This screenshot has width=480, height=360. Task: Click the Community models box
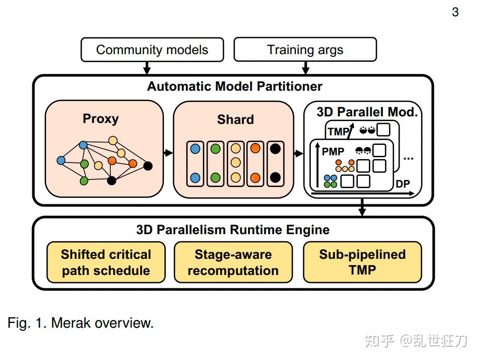click(x=152, y=50)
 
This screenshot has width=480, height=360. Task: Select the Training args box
click(x=305, y=50)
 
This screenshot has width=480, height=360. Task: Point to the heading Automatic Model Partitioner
click(x=234, y=86)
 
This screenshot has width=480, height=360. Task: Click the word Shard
click(x=235, y=119)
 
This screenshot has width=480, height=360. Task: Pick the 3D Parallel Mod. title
click(x=367, y=113)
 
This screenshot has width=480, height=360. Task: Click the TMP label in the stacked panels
click(x=338, y=132)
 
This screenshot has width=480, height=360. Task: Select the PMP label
click(x=333, y=152)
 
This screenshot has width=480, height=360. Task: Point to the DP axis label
click(x=403, y=184)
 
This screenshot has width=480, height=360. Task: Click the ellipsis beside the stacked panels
click(x=408, y=157)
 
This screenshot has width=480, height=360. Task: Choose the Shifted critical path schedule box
click(x=106, y=262)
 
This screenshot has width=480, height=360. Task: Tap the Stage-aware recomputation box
click(x=233, y=262)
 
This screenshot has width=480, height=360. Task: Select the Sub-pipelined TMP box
click(x=362, y=262)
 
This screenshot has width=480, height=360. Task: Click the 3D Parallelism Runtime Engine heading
click(x=233, y=230)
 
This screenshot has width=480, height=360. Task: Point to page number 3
click(x=455, y=12)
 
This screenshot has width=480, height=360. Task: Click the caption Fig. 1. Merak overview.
click(x=80, y=323)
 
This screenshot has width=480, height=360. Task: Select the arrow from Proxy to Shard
click(x=168, y=153)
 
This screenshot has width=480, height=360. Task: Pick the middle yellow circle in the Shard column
click(x=235, y=162)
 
